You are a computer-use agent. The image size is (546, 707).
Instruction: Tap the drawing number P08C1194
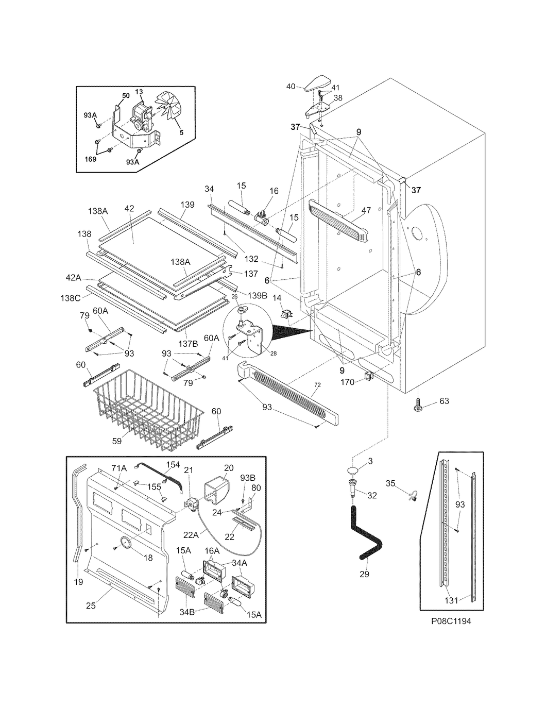pyautogui.click(x=451, y=621)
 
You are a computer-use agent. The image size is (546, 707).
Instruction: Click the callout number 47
pyautogui.click(x=366, y=211)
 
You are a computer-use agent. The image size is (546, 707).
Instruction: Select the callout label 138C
pyautogui.click(x=70, y=297)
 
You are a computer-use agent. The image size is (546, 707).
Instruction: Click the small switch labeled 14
pyautogui.click(x=286, y=314)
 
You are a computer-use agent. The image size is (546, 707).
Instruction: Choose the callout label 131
pyautogui.click(x=451, y=600)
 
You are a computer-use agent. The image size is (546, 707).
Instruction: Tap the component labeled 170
pyautogui.click(x=368, y=376)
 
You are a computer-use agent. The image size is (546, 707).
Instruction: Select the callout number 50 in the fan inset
pyautogui.click(x=126, y=95)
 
